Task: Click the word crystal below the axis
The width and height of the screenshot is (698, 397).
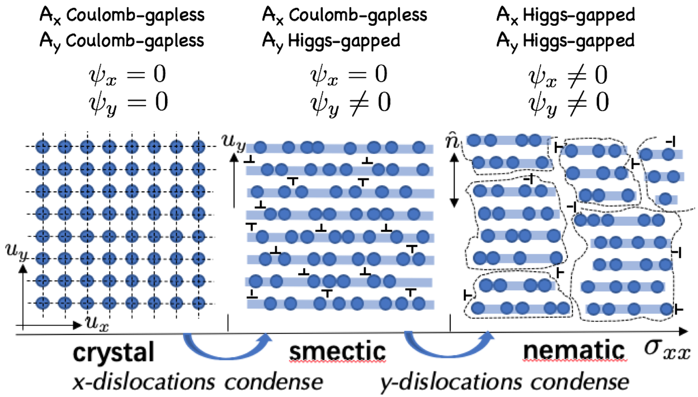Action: tap(114, 352)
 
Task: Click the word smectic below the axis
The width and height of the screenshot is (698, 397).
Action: tap(337, 351)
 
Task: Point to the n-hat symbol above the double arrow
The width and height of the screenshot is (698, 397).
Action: tap(452, 141)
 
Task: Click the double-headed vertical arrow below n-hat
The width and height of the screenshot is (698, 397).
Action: tap(454, 181)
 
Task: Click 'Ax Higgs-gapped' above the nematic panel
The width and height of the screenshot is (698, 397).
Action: tap(566, 15)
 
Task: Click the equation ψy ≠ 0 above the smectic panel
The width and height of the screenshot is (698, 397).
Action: tap(350, 103)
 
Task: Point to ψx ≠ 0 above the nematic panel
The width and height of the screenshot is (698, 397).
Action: tap(568, 76)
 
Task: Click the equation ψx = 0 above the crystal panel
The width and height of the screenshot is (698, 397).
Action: tap(128, 75)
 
